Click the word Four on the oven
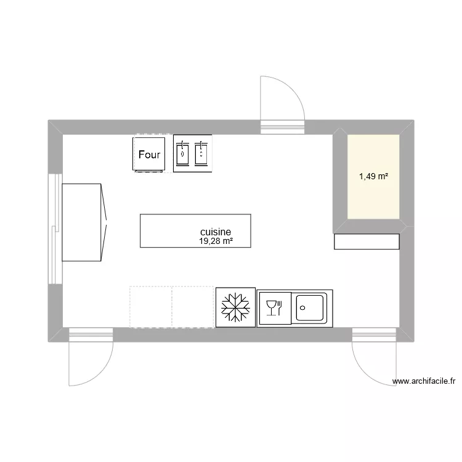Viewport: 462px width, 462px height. (x=150, y=155)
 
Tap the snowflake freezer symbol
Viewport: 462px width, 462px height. (x=235, y=307)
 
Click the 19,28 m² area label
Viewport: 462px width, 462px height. (x=216, y=241)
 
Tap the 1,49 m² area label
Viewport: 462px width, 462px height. (x=373, y=177)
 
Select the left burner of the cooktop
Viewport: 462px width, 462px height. (x=182, y=153)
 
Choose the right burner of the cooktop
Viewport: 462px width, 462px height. (x=201, y=153)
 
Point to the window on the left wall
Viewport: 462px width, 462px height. (x=55, y=228)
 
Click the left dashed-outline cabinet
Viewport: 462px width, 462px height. (x=150, y=306)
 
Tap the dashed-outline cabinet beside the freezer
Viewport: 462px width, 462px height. (x=193, y=306)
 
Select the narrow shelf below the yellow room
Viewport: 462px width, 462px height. (x=367, y=241)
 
